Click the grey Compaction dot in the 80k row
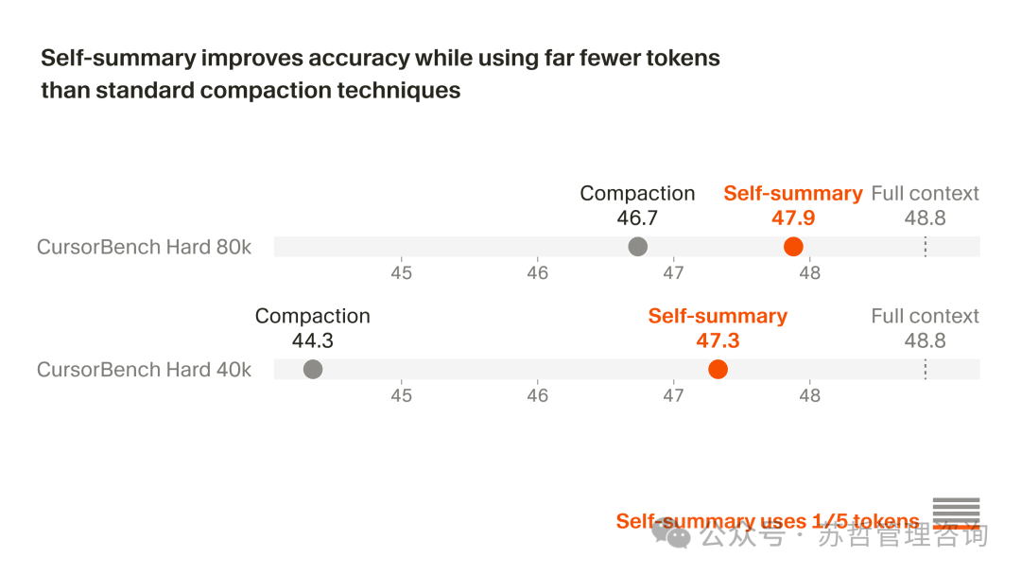pyautogui.click(x=638, y=247)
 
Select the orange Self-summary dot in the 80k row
pyautogui.click(x=793, y=247)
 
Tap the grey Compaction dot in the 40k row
pyautogui.click(x=313, y=370)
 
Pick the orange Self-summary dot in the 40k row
pyautogui.click(x=718, y=370)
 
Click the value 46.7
pyautogui.click(x=637, y=218)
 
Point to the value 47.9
pyautogui.click(x=793, y=218)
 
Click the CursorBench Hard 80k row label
pyautogui.click(x=144, y=247)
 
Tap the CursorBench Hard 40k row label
pyautogui.click(x=144, y=370)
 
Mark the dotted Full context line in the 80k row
pyautogui.click(x=925, y=247)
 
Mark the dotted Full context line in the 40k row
pyautogui.click(x=925, y=370)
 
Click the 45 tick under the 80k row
pyautogui.click(x=402, y=273)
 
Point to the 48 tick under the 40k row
pyautogui.click(x=810, y=395)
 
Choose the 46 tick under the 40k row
pyautogui.click(x=538, y=395)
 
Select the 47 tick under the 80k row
pyautogui.click(x=673, y=273)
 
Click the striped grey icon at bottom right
pyautogui.click(x=956, y=512)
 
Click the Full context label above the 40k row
pyautogui.click(x=925, y=316)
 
